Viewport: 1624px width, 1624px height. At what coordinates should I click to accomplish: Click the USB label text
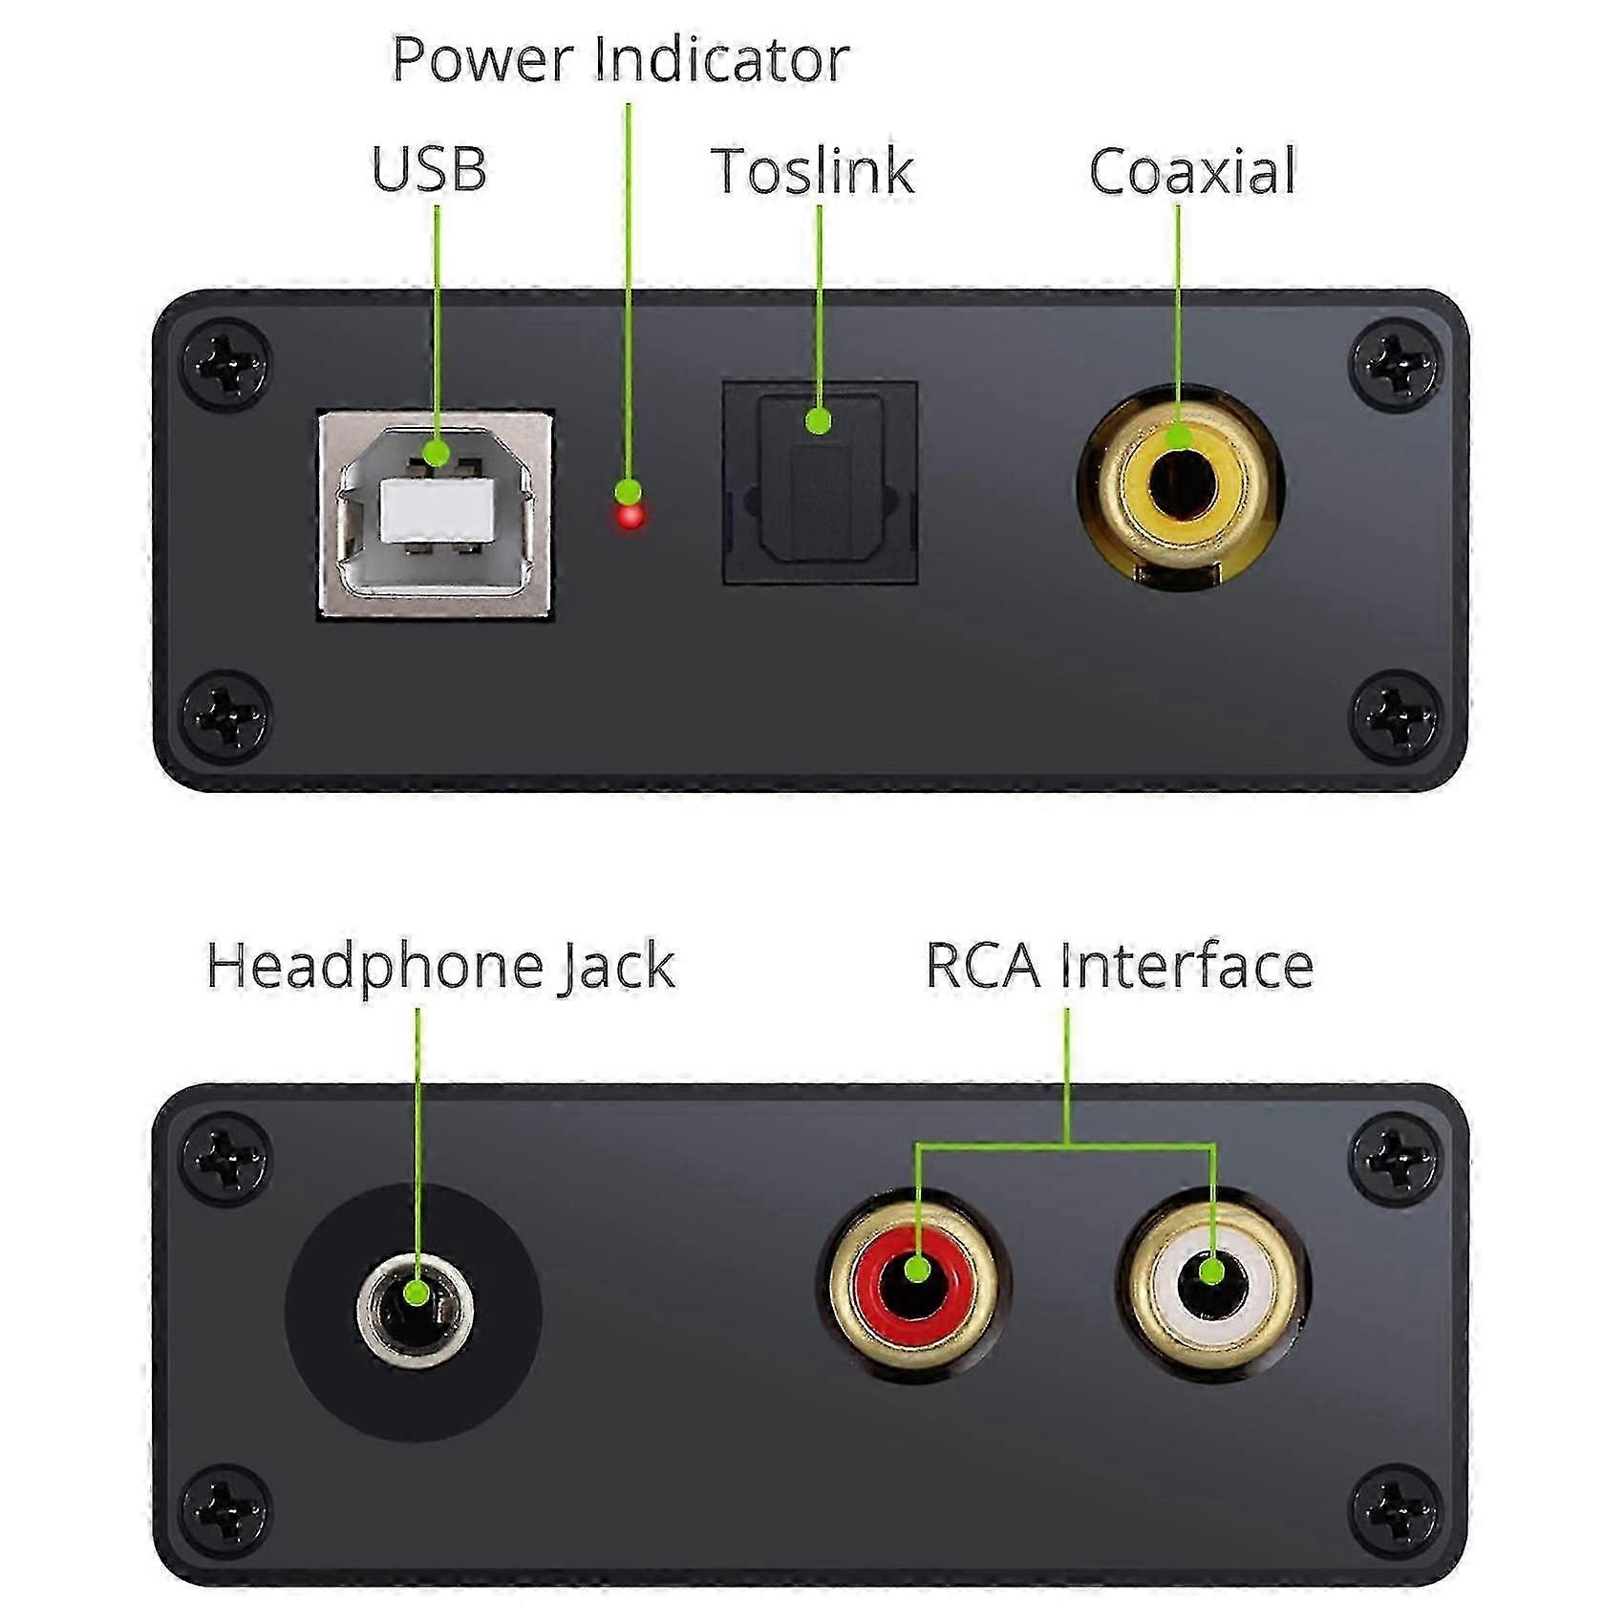coord(429,169)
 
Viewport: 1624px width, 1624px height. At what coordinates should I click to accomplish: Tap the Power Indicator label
coord(620,59)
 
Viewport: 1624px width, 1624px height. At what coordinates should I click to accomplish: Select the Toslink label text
coord(813,171)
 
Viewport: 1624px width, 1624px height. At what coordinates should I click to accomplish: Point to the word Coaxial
coord(1192,171)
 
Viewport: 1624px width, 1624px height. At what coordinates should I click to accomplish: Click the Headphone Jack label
coord(440,966)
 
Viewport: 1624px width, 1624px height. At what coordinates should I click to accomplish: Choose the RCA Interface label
coord(1120,966)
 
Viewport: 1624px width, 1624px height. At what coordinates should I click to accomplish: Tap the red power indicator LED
coord(630,517)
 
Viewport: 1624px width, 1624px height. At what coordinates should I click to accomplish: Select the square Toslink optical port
coord(820,482)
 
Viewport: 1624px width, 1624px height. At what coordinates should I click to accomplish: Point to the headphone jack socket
coord(416,1312)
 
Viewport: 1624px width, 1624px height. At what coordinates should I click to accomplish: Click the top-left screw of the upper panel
coord(226,364)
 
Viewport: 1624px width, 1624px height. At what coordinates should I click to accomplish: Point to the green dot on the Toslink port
coord(818,420)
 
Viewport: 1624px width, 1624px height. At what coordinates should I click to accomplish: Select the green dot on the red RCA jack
coord(916,1270)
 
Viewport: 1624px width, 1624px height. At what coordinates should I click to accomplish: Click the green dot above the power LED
coord(628,492)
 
